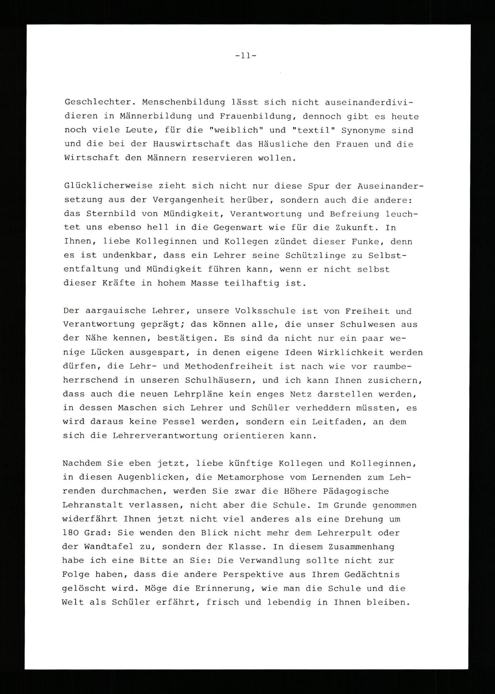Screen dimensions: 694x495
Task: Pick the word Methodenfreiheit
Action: pyautogui.click(x=229, y=366)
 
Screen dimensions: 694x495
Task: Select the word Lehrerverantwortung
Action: pyautogui.click(x=165, y=436)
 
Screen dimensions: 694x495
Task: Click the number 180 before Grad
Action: pyautogui.click(x=70, y=533)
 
